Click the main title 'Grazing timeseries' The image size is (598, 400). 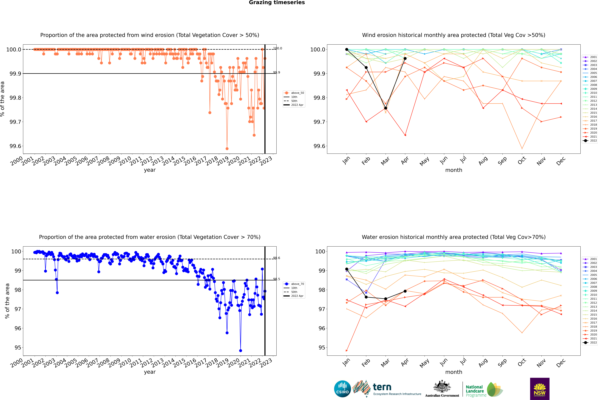[277, 3]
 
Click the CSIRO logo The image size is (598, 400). [342, 389]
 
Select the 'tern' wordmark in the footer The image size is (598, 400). [382, 387]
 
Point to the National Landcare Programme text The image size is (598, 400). [475, 391]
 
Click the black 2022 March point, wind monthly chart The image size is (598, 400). [386, 108]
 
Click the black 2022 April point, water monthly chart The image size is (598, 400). [405, 291]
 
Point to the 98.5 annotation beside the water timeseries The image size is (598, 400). [277, 279]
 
